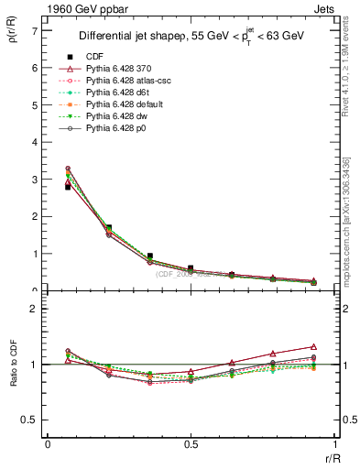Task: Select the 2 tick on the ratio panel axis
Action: pos(34,309)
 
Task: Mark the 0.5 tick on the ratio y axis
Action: pos(30,420)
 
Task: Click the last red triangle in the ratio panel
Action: pos(313,346)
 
